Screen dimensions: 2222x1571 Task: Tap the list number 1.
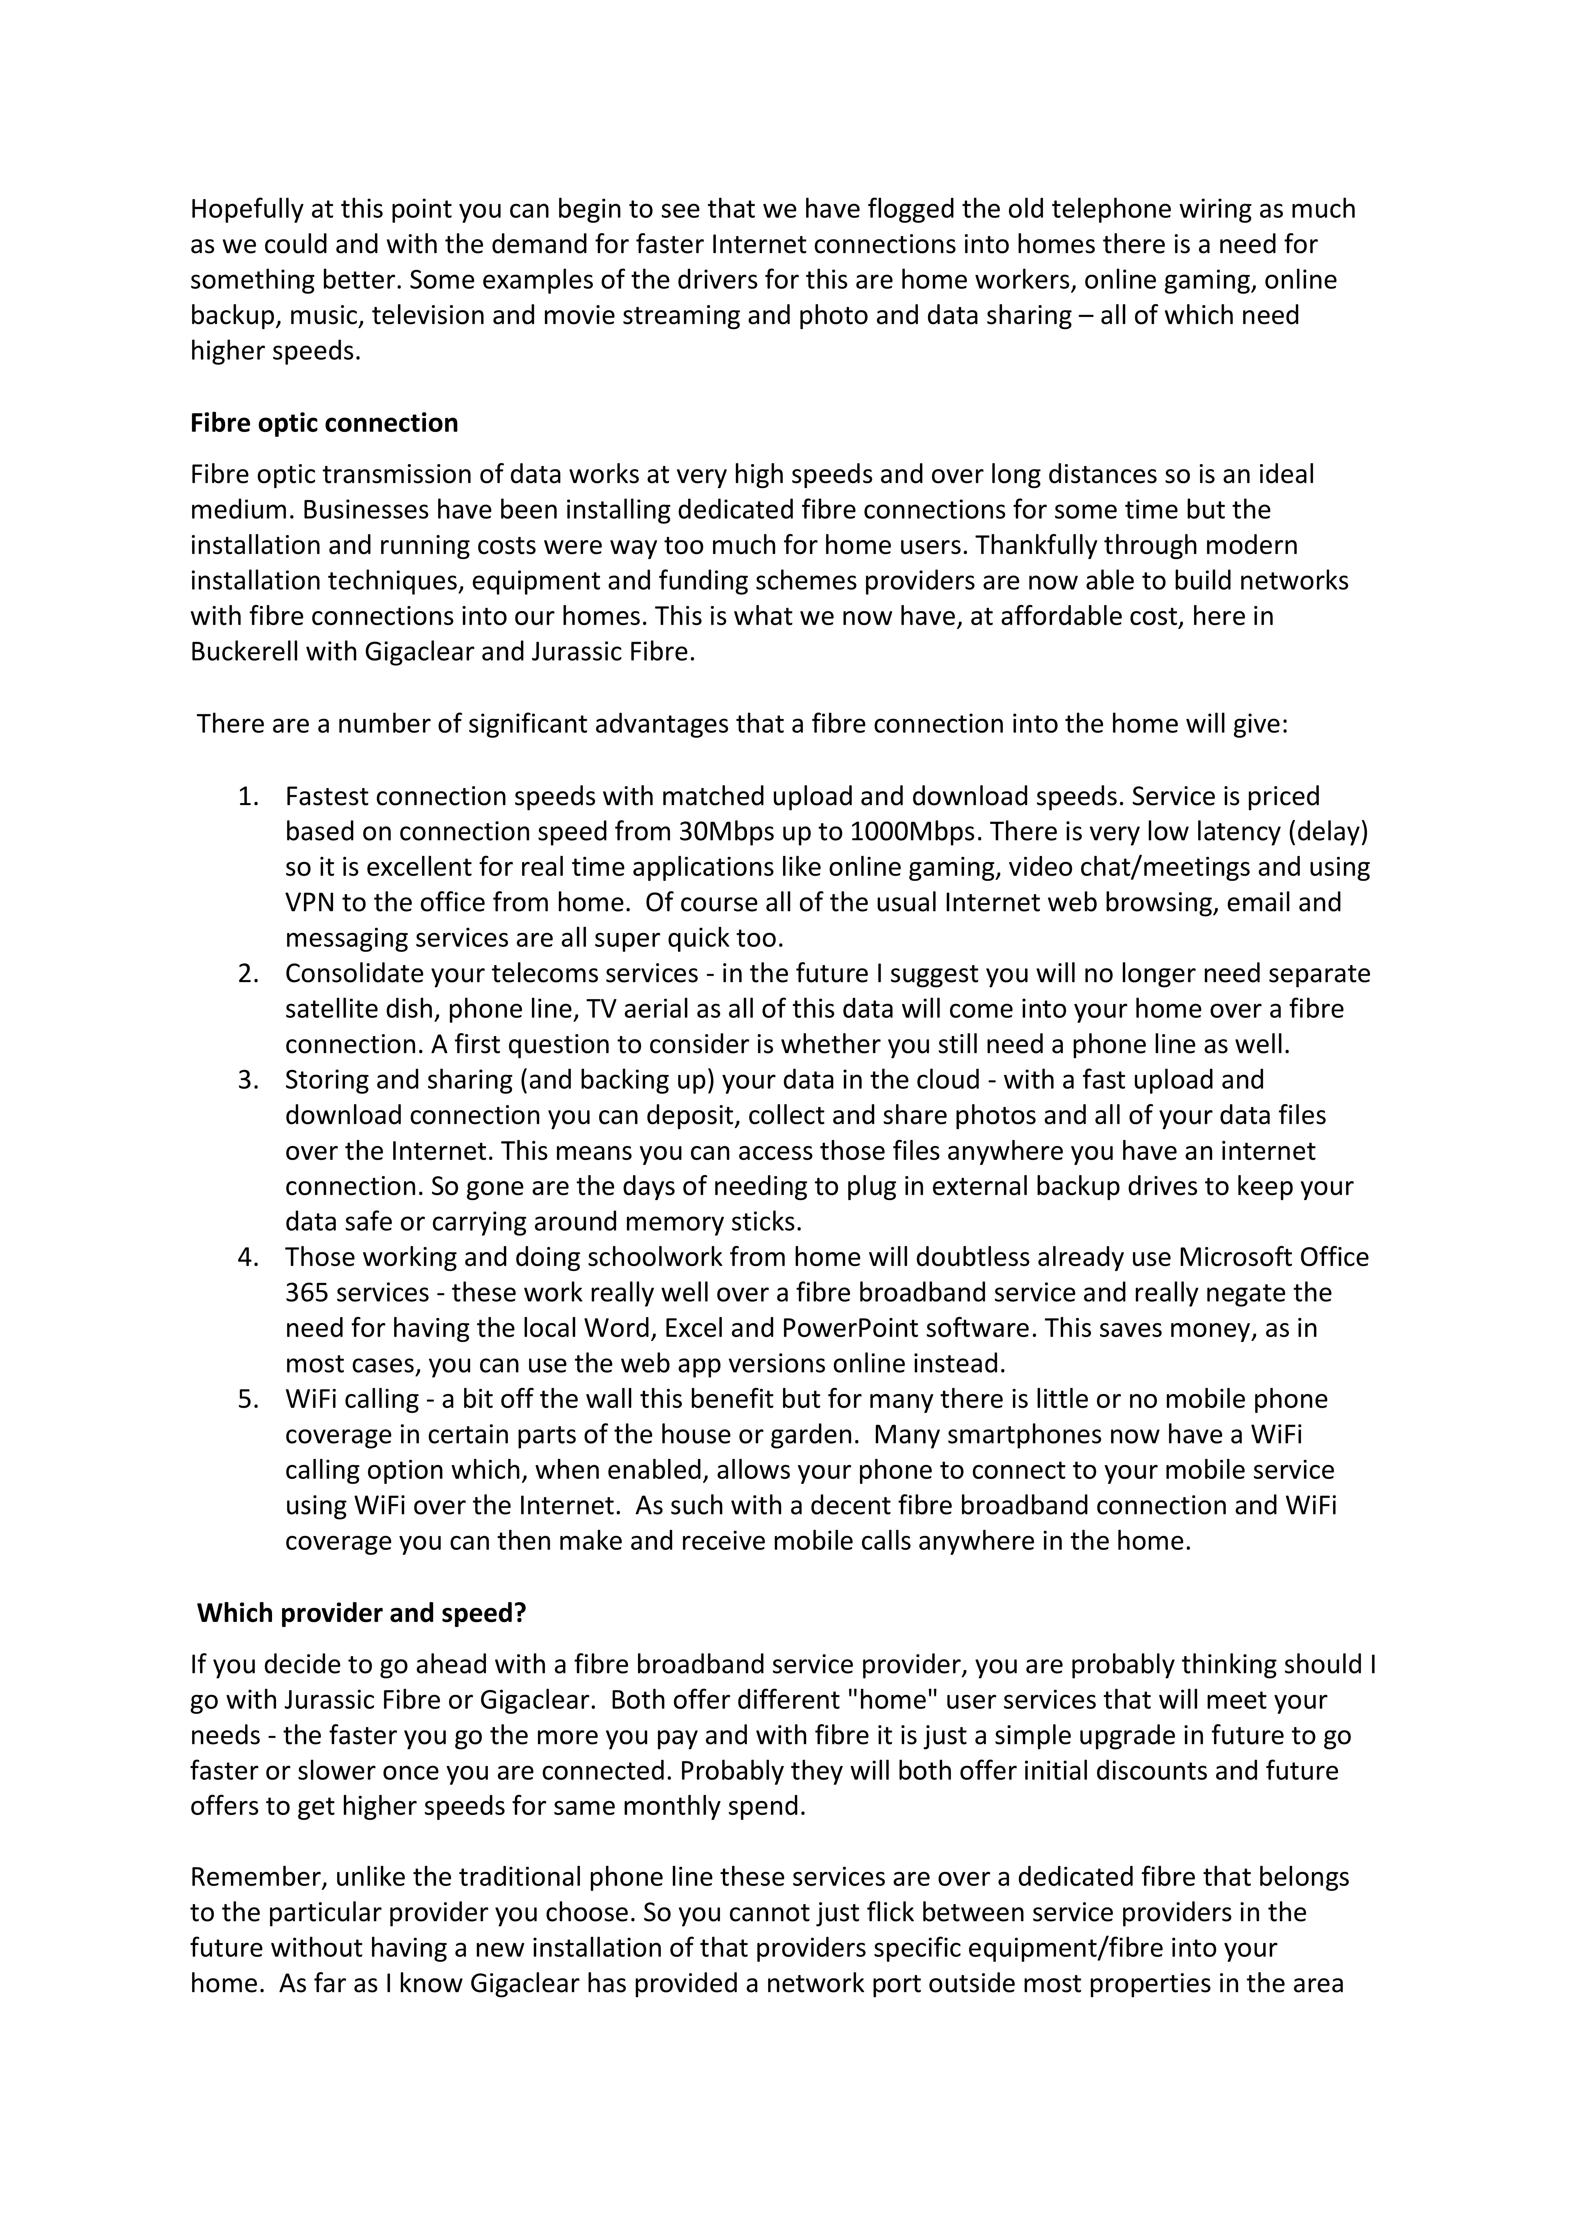pos(248,797)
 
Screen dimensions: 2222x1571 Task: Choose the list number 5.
pos(248,1400)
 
